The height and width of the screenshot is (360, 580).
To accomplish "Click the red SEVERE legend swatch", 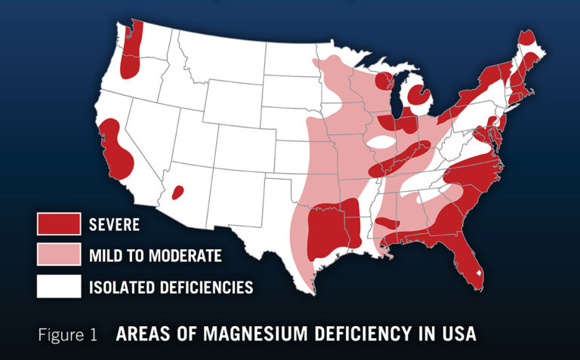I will (x=58, y=223).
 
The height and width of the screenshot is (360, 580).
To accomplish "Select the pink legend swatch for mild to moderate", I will (x=58, y=255).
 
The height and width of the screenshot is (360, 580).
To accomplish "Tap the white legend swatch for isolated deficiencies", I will (x=58, y=287).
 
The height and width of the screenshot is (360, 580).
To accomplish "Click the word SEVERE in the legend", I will (x=114, y=224).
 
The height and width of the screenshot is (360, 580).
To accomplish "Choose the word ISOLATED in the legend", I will (x=120, y=288).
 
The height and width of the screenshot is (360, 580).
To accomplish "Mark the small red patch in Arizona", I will (x=178, y=192).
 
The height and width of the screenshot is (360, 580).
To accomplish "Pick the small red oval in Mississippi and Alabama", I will (x=388, y=223).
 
